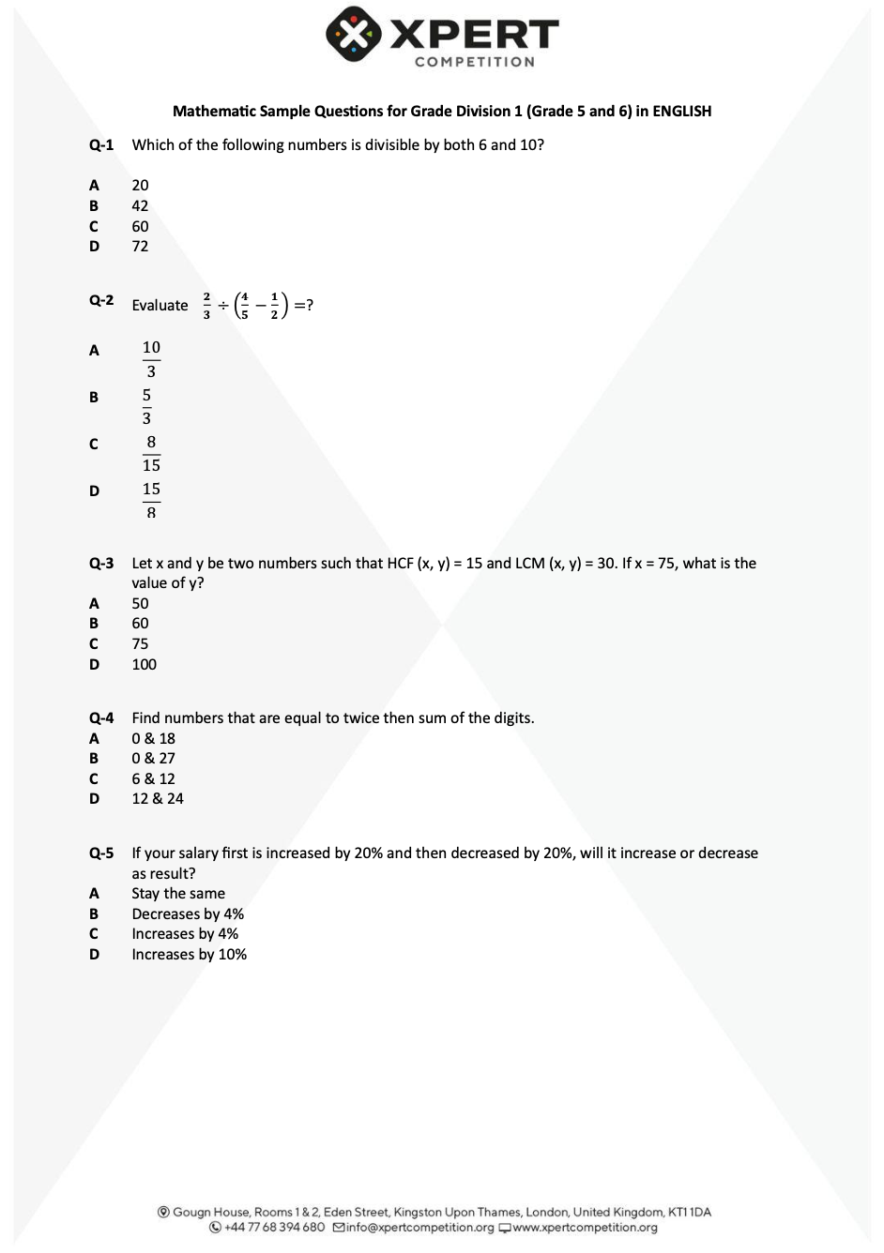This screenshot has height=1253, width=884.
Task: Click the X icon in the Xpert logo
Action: coord(354,35)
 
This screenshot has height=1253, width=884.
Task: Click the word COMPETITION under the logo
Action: coord(475,62)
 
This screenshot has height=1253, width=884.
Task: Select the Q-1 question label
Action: coord(101,144)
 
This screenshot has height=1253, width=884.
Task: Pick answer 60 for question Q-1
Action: coord(140,226)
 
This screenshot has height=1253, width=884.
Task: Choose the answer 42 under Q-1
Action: coord(140,205)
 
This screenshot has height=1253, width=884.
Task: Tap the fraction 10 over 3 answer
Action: coord(151,359)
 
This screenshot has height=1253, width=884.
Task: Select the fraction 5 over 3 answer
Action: coord(146,406)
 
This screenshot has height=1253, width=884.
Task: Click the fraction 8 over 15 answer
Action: coord(151,453)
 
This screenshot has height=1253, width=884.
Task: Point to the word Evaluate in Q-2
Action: coord(160,305)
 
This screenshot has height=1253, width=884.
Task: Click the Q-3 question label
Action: coord(101,563)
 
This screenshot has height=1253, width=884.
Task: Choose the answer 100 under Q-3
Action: coord(144,664)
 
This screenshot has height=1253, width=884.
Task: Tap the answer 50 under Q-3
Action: coord(140,603)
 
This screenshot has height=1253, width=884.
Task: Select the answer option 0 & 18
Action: coord(153,738)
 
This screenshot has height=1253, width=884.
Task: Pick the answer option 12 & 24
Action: coord(158,798)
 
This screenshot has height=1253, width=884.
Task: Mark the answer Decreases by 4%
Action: coord(188,913)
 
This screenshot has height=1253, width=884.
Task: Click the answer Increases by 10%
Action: coord(189,954)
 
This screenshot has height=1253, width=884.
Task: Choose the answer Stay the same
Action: coord(178,893)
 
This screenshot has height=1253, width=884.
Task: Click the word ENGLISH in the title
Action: coord(681,111)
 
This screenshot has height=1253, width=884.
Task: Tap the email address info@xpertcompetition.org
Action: coord(419,1227)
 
